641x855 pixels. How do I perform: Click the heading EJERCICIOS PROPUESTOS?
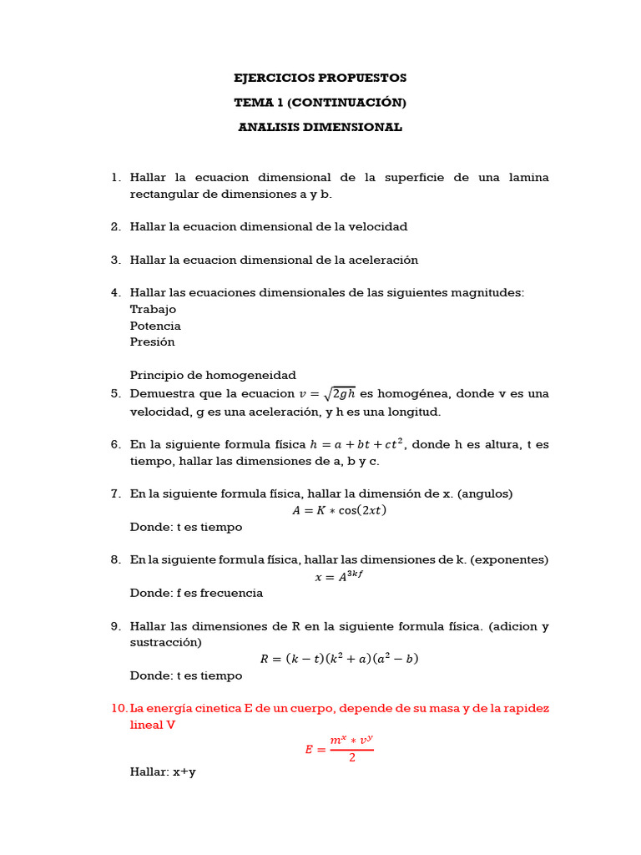320,78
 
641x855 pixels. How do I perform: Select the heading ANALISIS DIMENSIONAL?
320,128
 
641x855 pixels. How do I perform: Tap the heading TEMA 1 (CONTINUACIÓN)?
320,103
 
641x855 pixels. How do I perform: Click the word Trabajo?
153,309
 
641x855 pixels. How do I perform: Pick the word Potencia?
155,326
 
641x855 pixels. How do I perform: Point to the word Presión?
153,341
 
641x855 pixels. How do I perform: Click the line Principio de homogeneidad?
213,375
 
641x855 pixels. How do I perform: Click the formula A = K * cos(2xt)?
339,510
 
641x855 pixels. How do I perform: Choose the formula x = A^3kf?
339,575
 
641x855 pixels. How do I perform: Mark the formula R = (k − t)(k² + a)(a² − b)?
339,659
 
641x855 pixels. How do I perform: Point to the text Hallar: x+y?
163,772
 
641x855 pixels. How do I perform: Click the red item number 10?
118,708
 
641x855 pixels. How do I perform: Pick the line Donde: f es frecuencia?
196,593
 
